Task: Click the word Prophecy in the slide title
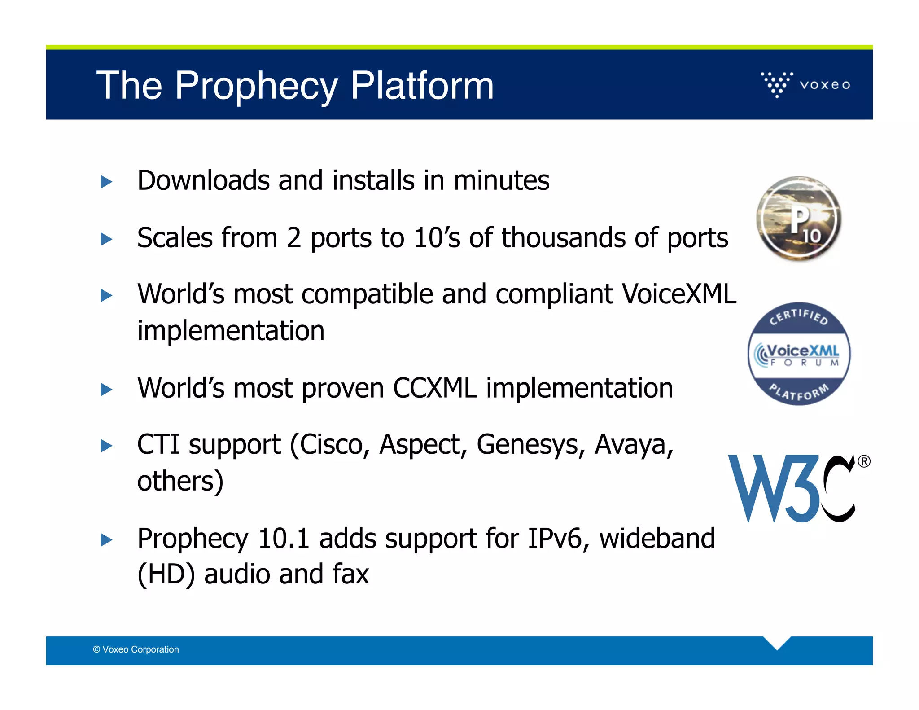pos(256,86)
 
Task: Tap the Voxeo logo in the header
pos(805,84)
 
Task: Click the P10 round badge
pos(799,219)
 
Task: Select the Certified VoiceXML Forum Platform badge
pos(799,354)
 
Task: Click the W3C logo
pos(792,488)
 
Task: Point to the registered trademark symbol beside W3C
pos(864,461)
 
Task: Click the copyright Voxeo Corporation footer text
pos(136,649)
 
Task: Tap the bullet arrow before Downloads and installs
pos(106,182)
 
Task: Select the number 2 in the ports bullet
pos(294,238)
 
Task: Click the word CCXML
pos(434,388)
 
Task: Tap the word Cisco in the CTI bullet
pos(331,445)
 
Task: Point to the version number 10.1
pos(284,539)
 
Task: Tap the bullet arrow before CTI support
pos(106,446)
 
